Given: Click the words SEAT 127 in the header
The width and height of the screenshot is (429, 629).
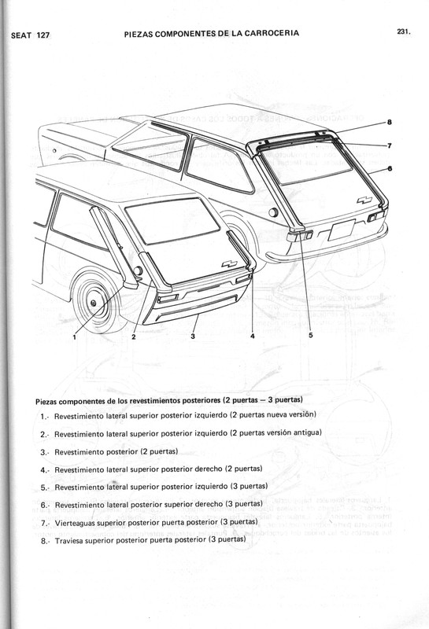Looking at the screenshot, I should coord(31,35).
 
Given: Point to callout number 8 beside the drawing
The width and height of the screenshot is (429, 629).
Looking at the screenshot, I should coord(390,122).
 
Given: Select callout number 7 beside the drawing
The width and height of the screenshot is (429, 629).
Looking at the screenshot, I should coord(390,145).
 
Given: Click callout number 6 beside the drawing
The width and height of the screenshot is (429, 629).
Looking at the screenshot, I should coord(390,170).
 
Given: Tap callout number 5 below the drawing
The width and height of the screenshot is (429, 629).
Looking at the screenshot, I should coord(310,335).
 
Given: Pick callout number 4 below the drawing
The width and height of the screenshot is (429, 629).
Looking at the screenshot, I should coord(252,336).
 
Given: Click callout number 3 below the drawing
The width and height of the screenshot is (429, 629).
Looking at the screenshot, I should coord(193,336).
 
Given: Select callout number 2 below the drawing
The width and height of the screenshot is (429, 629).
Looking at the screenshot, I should coord(134,336).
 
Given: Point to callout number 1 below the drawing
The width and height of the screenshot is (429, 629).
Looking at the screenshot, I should coord(74,336).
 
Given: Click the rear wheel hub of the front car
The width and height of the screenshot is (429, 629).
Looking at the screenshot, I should coord(94,303).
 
